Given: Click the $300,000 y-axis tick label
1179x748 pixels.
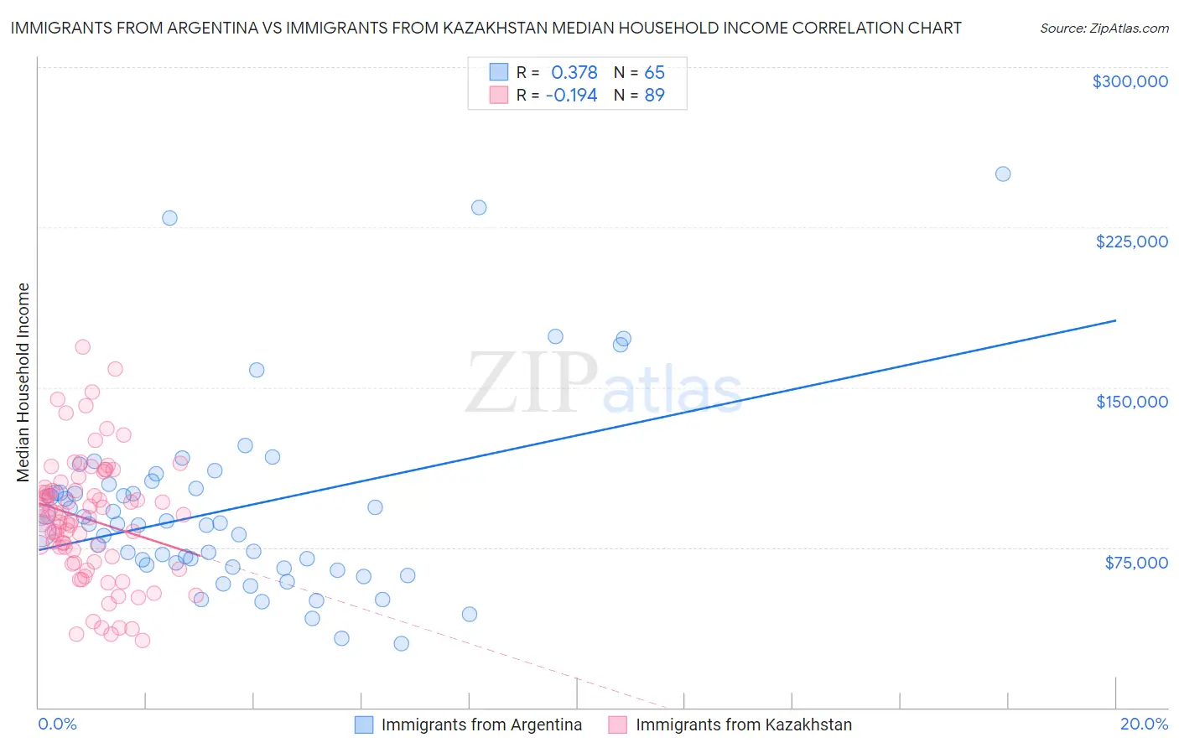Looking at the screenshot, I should [1130, 81].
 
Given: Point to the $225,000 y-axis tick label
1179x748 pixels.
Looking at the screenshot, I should [1131, 242].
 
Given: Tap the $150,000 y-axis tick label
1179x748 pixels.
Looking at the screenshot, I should [1131, 402].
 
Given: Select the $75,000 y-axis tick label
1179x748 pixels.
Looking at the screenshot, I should [1135, 562].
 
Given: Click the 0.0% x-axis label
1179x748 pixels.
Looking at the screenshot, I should [57, 724].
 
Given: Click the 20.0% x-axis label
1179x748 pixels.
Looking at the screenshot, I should [1144, 724].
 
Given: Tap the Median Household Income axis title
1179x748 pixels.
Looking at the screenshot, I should [23, 382].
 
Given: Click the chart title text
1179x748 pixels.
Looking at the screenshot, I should [486, 29].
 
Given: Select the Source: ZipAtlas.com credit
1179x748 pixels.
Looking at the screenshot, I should [1104, 29].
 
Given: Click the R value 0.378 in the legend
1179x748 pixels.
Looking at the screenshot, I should [574, 73].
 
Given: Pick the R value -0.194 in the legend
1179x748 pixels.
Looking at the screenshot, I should [571, 96].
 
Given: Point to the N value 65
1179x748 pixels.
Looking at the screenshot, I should [654, 73].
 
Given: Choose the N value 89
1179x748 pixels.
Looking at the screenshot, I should [654, 96].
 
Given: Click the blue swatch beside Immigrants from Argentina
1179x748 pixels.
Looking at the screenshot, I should [364, 725].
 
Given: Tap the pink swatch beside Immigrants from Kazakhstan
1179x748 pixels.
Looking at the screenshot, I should [618, 725].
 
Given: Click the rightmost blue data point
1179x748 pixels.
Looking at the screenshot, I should [1002, 174].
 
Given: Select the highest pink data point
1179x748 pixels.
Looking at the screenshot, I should [82, 347].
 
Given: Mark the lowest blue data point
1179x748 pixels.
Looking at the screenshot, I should [402, 643].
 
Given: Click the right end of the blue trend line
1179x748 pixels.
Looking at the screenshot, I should [1115, 320].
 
